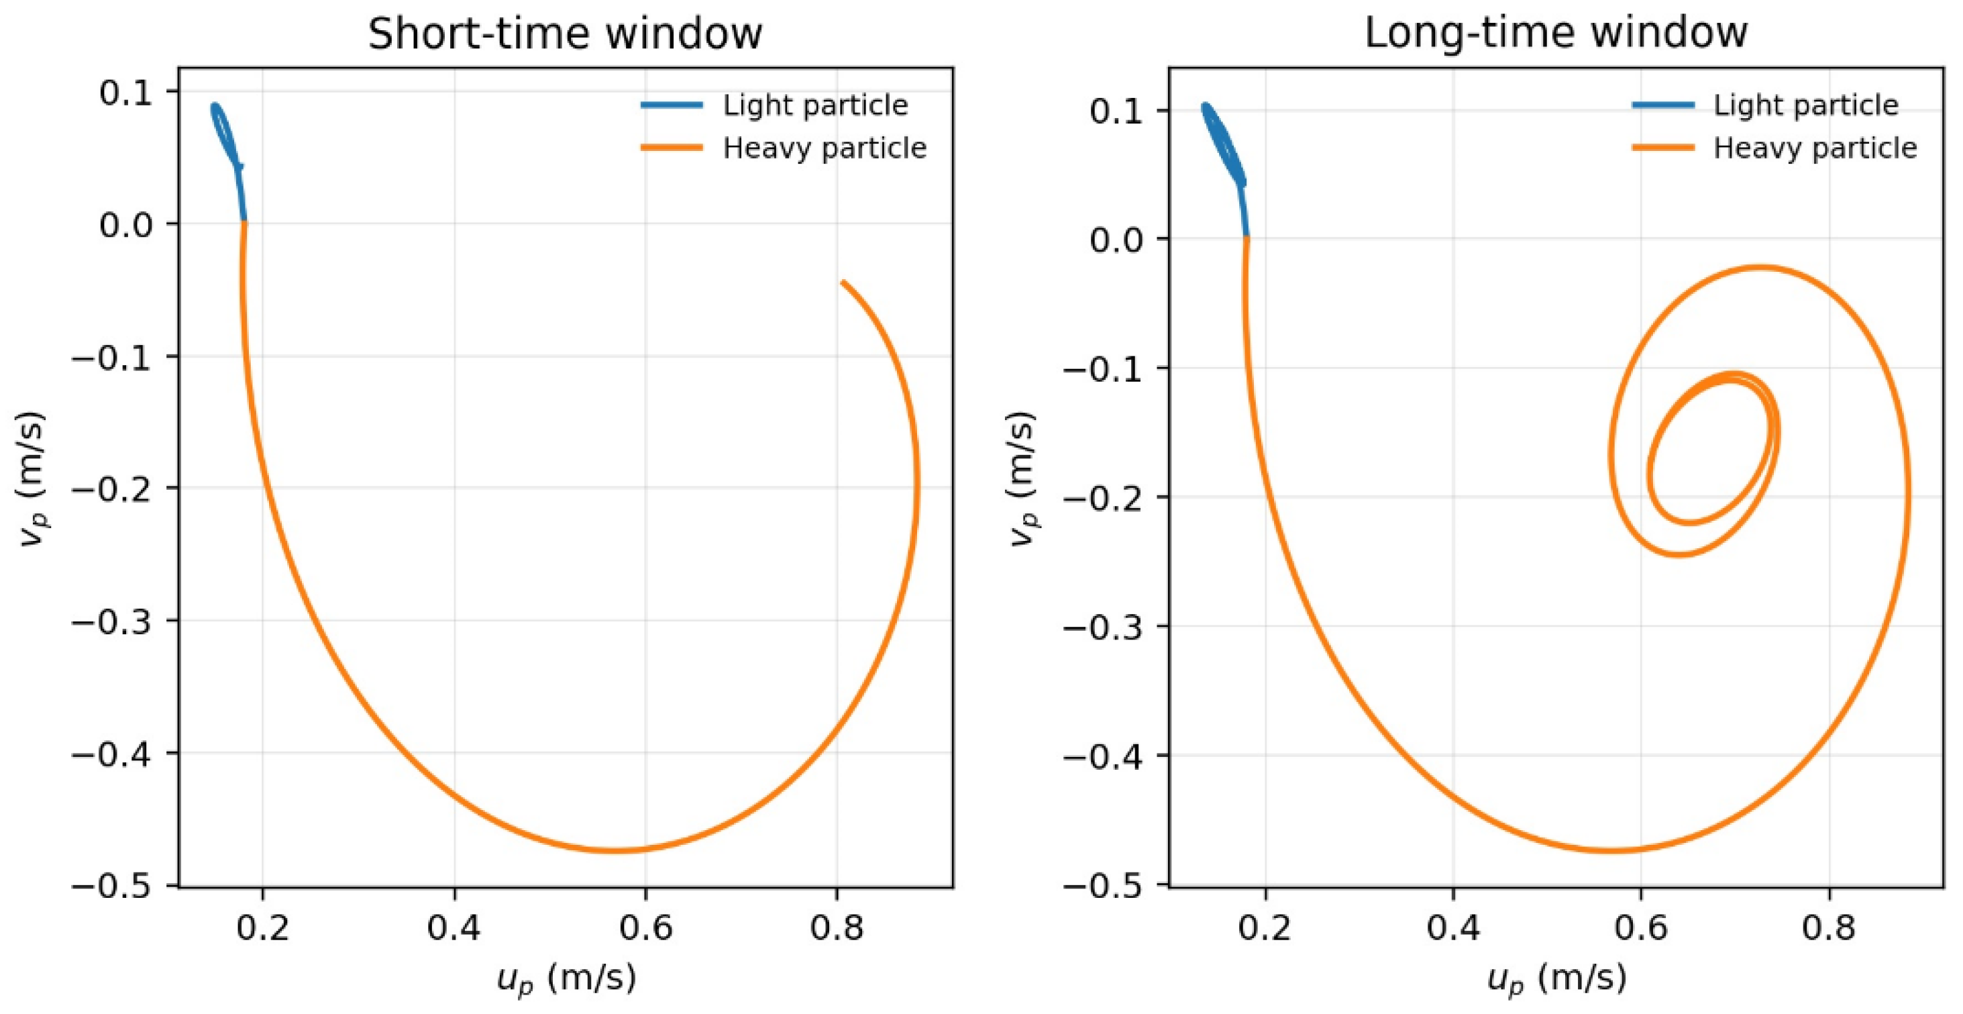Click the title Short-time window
pos(565,34)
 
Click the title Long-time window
pos(1555,34)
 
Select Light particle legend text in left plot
pos(815,105)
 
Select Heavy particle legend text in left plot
pos(825,148)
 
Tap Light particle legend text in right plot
pos(1806,105)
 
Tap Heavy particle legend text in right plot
pos(1815,148)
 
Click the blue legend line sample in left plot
pos(672,105)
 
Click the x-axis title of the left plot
pos(566,978)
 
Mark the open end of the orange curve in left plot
pos(843,283)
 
